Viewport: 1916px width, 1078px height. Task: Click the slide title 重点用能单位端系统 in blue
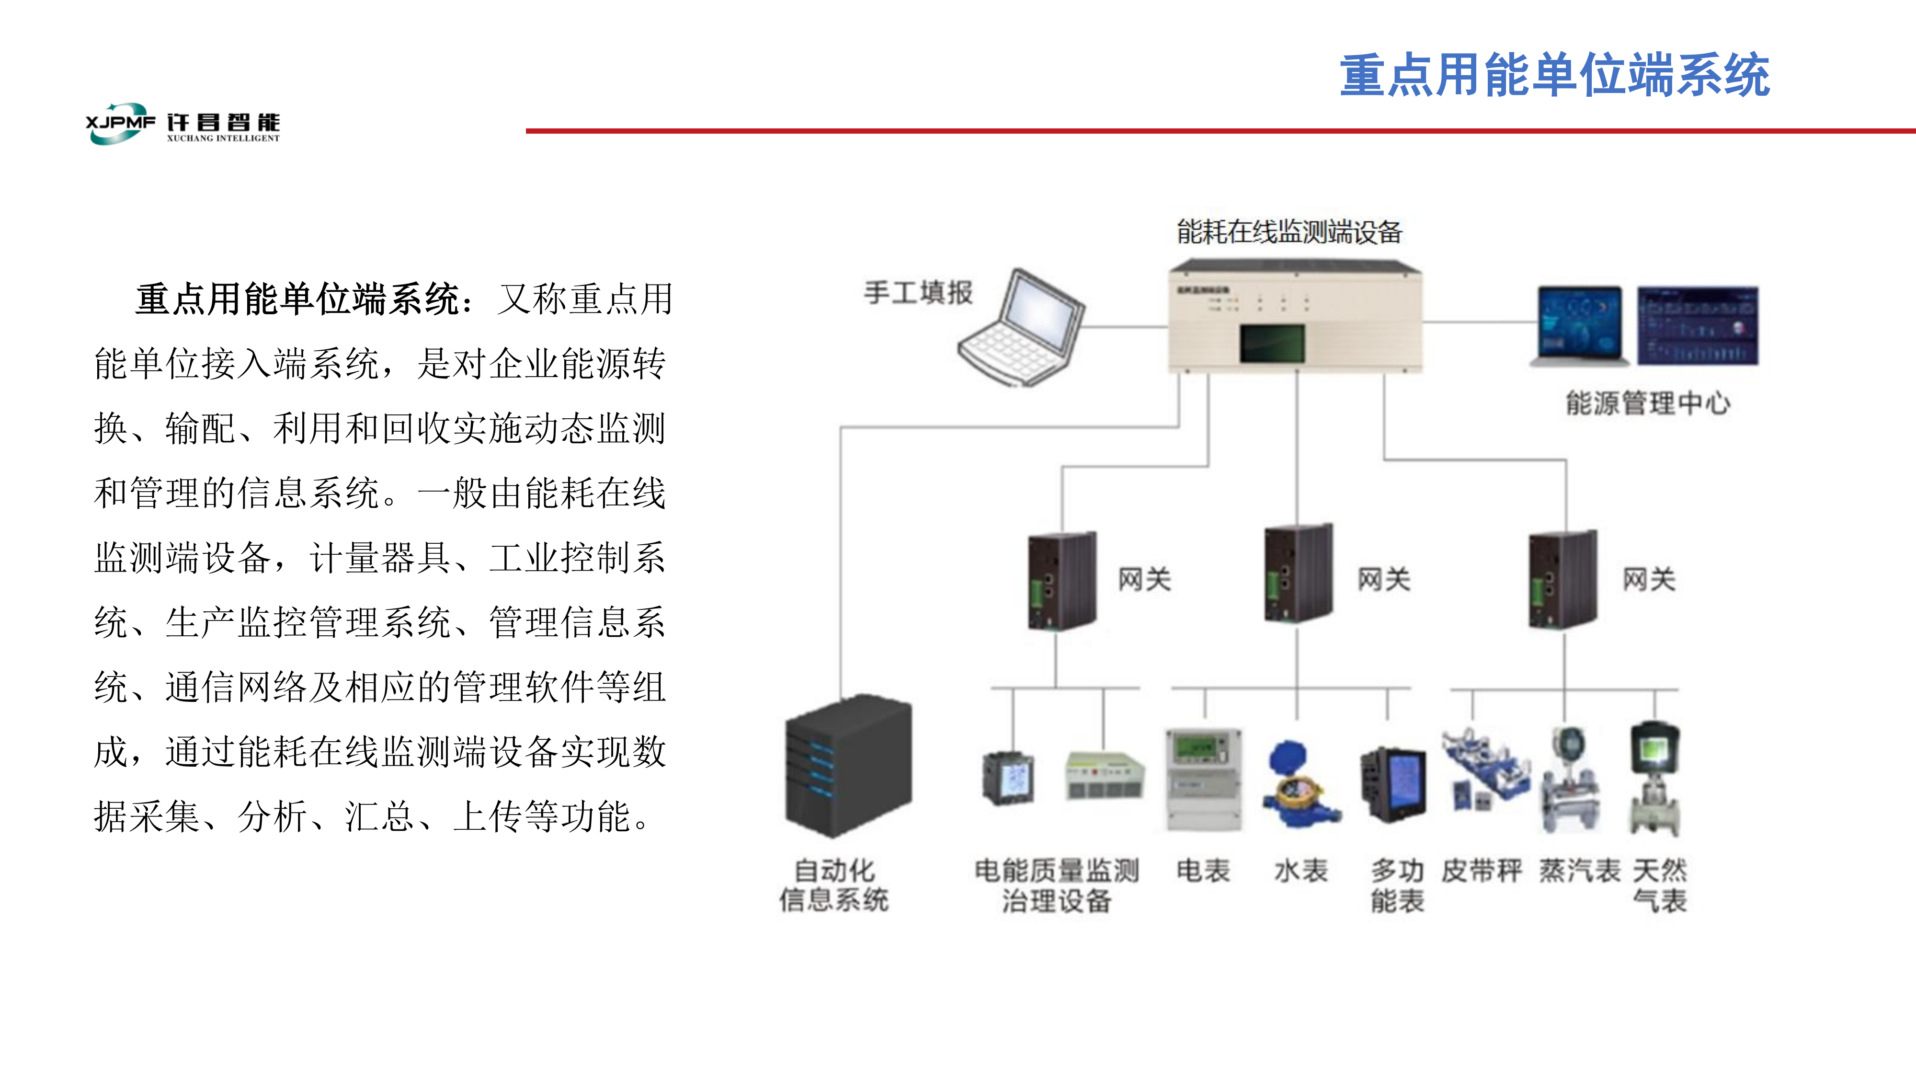click(1554, 76)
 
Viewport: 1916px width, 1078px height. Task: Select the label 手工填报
click(918, 292)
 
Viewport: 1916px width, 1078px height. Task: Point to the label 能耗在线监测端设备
click(1289, 232)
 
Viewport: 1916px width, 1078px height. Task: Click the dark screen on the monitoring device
click(1272, 343)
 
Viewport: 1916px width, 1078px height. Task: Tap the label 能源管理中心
click(1647, 403)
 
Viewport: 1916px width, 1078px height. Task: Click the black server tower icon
click(849, 766)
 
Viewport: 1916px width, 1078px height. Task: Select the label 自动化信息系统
click(834, 885)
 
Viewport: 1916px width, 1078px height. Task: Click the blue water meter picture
click(1297, 785)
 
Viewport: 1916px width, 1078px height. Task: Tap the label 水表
click(1300, 871)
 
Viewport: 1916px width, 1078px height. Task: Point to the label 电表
click(1203, 871)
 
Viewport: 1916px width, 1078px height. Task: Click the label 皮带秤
click(1482, 871)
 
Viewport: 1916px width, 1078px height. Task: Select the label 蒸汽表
click(1579, 871)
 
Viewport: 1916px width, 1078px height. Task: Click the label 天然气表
click(1660, 885)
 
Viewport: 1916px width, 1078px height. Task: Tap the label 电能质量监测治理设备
click(1056, 885)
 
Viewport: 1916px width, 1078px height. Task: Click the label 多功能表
click(1397, 885)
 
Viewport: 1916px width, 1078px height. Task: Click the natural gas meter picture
click(1655, 778)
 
